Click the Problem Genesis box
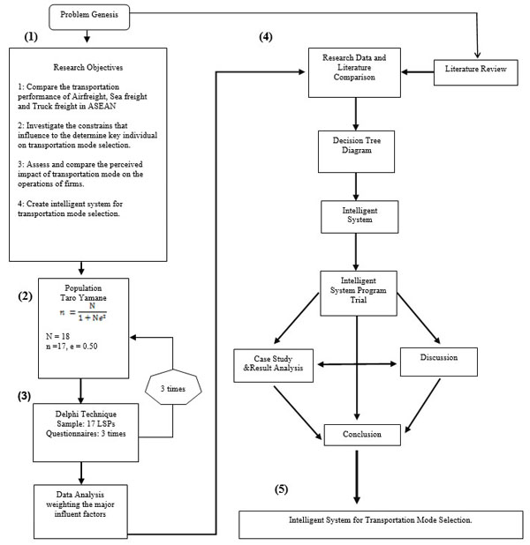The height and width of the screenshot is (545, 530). coord(89,17)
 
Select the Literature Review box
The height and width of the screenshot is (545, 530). coord(476,72)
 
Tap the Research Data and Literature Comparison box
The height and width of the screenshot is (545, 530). coord(354,72)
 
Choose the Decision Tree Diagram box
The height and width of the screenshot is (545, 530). coord(356,152)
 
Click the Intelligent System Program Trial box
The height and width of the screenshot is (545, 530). coord(359,294)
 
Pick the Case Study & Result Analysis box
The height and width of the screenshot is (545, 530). coord(273,366)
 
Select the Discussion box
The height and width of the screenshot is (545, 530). coord(439,362)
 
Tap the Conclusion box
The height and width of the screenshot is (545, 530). coord(362,435)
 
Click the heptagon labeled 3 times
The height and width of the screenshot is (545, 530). coord(173,387)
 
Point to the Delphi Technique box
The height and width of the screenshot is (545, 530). coord(86,432)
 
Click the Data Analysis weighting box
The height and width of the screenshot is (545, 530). coord(80,511)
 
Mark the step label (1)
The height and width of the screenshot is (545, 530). coord(31,36)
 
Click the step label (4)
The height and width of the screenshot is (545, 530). coord(266,36)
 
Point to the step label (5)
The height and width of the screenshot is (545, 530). coord(282,489)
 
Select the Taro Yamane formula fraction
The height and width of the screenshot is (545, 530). coord(92,312)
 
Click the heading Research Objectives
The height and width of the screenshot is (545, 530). coord(88,67)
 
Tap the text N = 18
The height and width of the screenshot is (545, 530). coord(57,336)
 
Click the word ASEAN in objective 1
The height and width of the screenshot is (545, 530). coord(102,107)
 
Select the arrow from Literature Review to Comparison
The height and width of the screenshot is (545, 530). coord(418,72)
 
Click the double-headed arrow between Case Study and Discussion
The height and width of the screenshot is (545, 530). coord(357,364)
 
